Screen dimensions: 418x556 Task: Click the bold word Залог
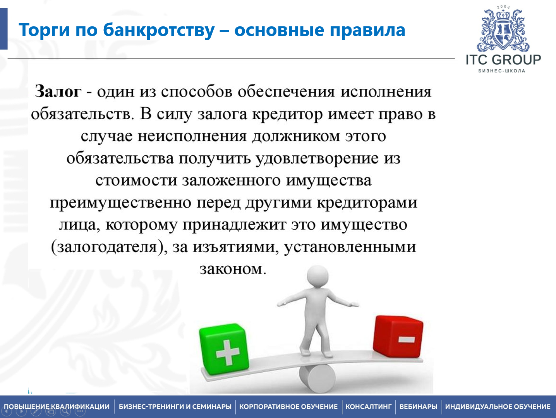click(x=58, y=92)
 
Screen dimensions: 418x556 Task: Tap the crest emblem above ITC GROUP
click(x=503, y=29)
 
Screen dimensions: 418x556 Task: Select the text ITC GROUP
click(x=503, y=60)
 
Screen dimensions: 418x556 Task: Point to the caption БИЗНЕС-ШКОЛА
click(x=502, y=71)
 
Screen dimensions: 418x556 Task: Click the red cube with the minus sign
click(x=398, y=336)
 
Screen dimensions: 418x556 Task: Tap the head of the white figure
click(x=317, y=276)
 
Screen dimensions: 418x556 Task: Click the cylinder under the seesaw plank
click(x=317, y=378)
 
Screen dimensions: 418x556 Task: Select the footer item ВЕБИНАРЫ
click(x=418, y=407)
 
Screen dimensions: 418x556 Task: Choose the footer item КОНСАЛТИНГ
click(x=368, y=407)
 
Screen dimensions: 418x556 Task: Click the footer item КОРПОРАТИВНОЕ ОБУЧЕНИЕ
click(x=288, y=407)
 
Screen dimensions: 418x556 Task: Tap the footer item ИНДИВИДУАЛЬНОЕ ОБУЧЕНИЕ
click(x=498, y=407)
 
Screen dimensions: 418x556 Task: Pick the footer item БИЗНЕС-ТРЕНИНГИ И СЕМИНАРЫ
click(x=175, y=407)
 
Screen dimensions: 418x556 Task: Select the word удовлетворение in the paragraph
click(x=317, y=158)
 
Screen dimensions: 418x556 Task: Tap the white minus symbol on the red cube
click(x=407, y=340)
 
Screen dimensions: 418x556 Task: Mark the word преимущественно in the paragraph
click(x=120, y=203)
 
